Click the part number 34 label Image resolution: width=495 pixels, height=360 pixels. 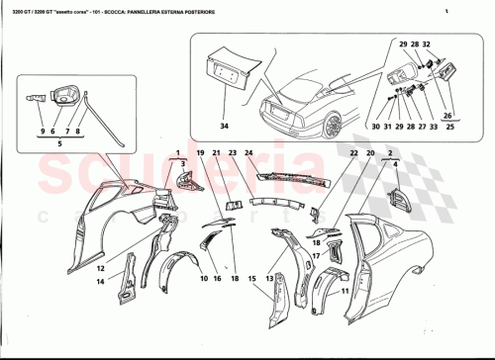[x=224, y=127]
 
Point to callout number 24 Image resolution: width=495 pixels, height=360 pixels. [x=249, y=154]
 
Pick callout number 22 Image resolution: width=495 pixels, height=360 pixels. [x=352, y=154]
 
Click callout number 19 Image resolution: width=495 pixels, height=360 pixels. [x=198, y=154]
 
